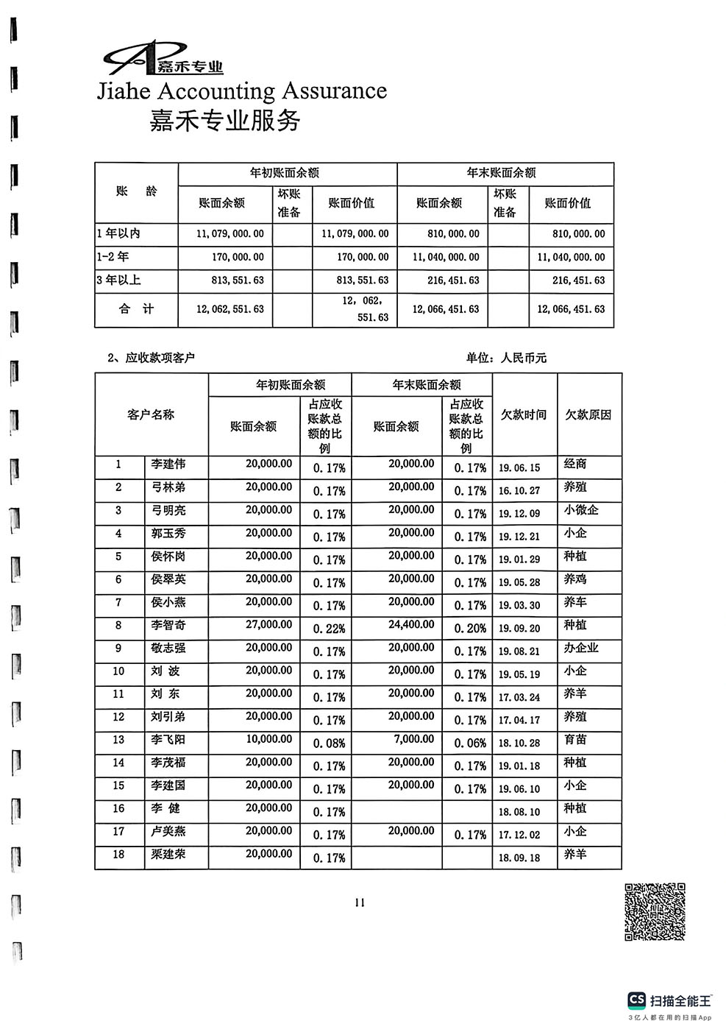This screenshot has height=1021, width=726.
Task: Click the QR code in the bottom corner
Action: click(x=655, y=911)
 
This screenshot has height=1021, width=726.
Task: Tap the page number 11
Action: click(x=360, y=903)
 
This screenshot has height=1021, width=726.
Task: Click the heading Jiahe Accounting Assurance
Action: click(x=242, y=91)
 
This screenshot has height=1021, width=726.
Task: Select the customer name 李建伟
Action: click(x=168, y=464)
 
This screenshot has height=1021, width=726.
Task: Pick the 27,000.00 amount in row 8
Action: click(x=268, y=625)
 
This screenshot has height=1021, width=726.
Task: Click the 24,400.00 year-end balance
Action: click(x=411, y=625)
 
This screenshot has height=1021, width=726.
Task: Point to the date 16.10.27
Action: click(x=519, y=491)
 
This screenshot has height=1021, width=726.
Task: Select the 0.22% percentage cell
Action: click(x=329, y=629)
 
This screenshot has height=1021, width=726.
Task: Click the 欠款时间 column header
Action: click(x=524, y=415)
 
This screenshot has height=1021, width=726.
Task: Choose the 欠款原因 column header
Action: click(x=588, y=415)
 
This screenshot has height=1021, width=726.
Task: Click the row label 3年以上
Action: click(x=118, y=280)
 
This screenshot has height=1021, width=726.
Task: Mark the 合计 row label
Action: click(x=136, y=309)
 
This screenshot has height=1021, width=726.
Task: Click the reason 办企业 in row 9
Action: click(x=581, y=649)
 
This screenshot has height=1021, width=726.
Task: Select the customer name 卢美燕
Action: click(x=168, y=832)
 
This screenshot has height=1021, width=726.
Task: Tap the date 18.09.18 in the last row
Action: click(x=519, y=858)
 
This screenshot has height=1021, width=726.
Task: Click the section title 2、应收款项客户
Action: click(x=151, y=358)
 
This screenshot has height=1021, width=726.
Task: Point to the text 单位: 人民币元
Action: click(x=506, y=358)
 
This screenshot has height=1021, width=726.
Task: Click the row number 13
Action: click(x=118, y=740)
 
